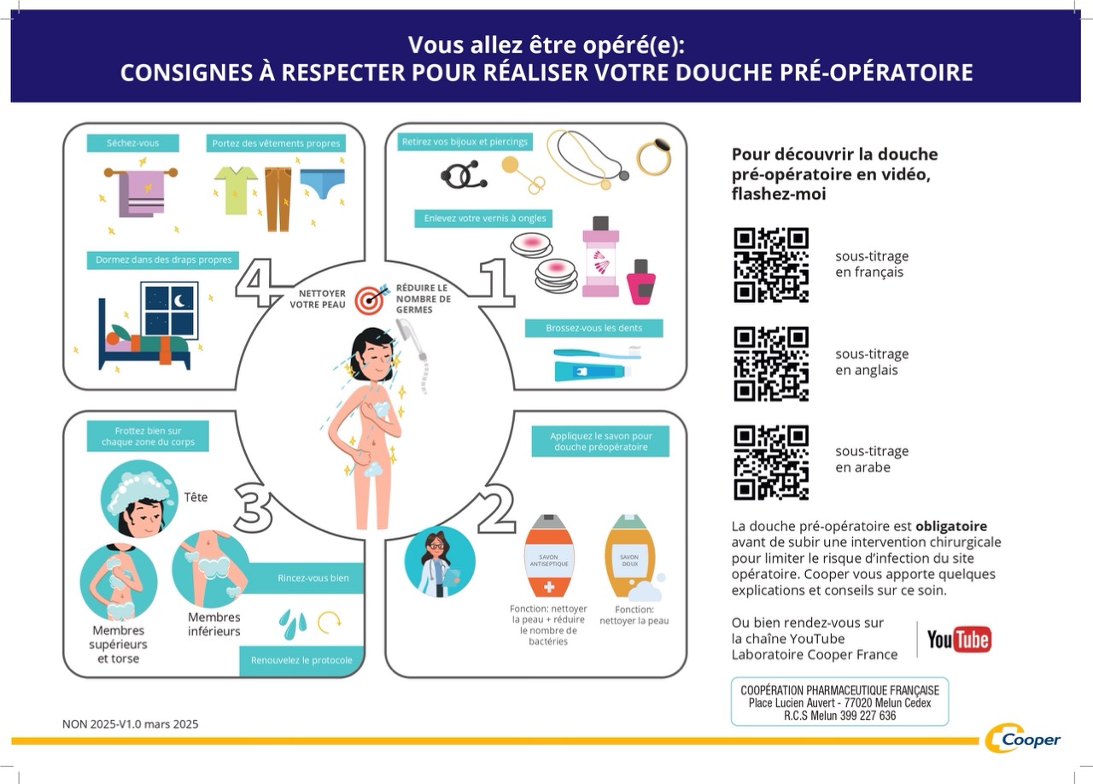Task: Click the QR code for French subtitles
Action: pyautogui.click(x=771, y=265)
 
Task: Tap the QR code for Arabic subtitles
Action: pyautogui.click(x=771, y=462)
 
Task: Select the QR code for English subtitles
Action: pyautogui.click(x=771, y=363)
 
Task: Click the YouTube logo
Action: pyautogui.click(x=959, y=639)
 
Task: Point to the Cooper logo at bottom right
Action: pyautogui.click(x=1023, y=739)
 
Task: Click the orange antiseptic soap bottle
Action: pyautogui.click(x=548, y=557)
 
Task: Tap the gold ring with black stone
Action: pyautogui.click(x=654, y=156)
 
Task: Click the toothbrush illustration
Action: pyautogui.click(x=596, y=352)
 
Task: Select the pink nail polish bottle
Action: pyautogui.click(x=640, y=282)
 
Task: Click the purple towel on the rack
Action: pyautogui.click(x=142, y=194)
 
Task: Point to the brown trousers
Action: pyautogui.click(x=278, y=199)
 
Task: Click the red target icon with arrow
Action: pyautogui.click(x=371, y=298)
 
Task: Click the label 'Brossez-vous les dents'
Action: pyautogui.click(x=593, y=328)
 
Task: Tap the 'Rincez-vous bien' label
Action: pyautogui.click(x=313, y=578)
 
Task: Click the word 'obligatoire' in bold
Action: pyautogui.click(x=950, y=526)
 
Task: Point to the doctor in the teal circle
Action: pyautogui.click(x=439, y=561)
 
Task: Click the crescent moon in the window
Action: pyautogui.click(x=180, y=301)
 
